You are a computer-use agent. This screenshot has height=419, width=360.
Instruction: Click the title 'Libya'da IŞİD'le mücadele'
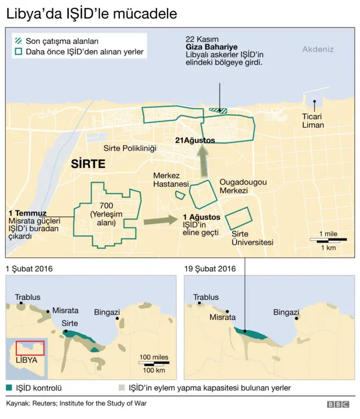coord(91,13)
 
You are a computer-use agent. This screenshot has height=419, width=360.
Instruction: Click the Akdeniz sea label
coord(318,49)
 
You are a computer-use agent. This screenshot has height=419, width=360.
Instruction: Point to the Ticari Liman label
coord(313,121)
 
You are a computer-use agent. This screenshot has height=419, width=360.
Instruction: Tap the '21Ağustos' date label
coord(195,141)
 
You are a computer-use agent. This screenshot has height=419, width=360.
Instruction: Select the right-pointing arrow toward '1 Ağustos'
coord(160,220)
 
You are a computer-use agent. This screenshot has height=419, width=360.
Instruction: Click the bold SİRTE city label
coord(88,165)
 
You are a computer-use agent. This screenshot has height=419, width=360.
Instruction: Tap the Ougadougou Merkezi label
coord(242,187)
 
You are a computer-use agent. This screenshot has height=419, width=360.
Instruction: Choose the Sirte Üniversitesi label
coord(253,238)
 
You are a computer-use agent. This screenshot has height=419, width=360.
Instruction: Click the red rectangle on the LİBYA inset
coord(30,347)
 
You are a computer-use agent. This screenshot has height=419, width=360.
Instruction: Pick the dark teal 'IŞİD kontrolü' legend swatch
coord(11,388)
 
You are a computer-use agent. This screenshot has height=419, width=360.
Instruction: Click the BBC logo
coord(337,404)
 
